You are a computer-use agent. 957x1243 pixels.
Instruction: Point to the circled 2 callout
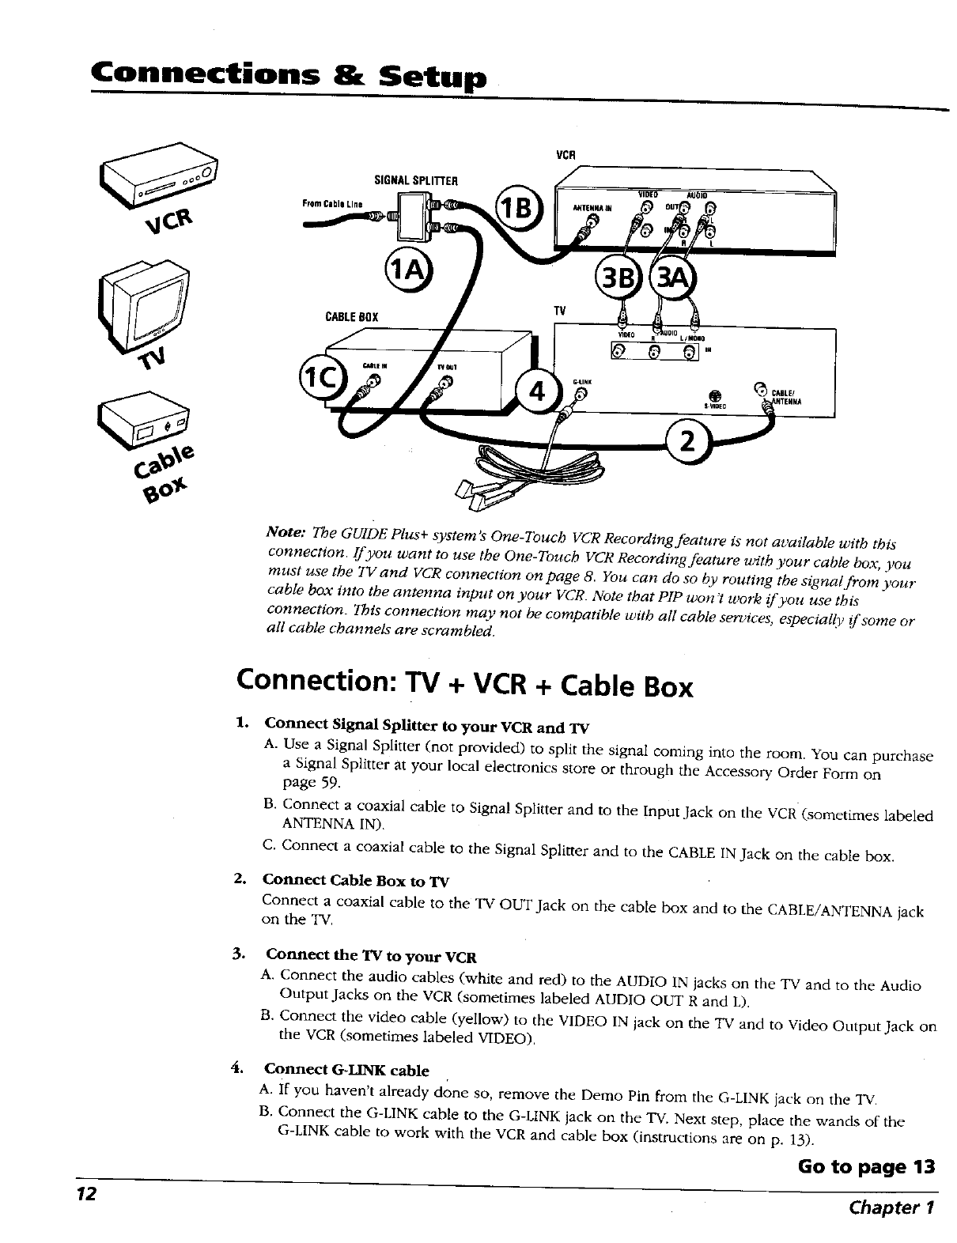(688, 442)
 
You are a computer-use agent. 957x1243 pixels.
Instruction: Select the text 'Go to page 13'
(865, 1167)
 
